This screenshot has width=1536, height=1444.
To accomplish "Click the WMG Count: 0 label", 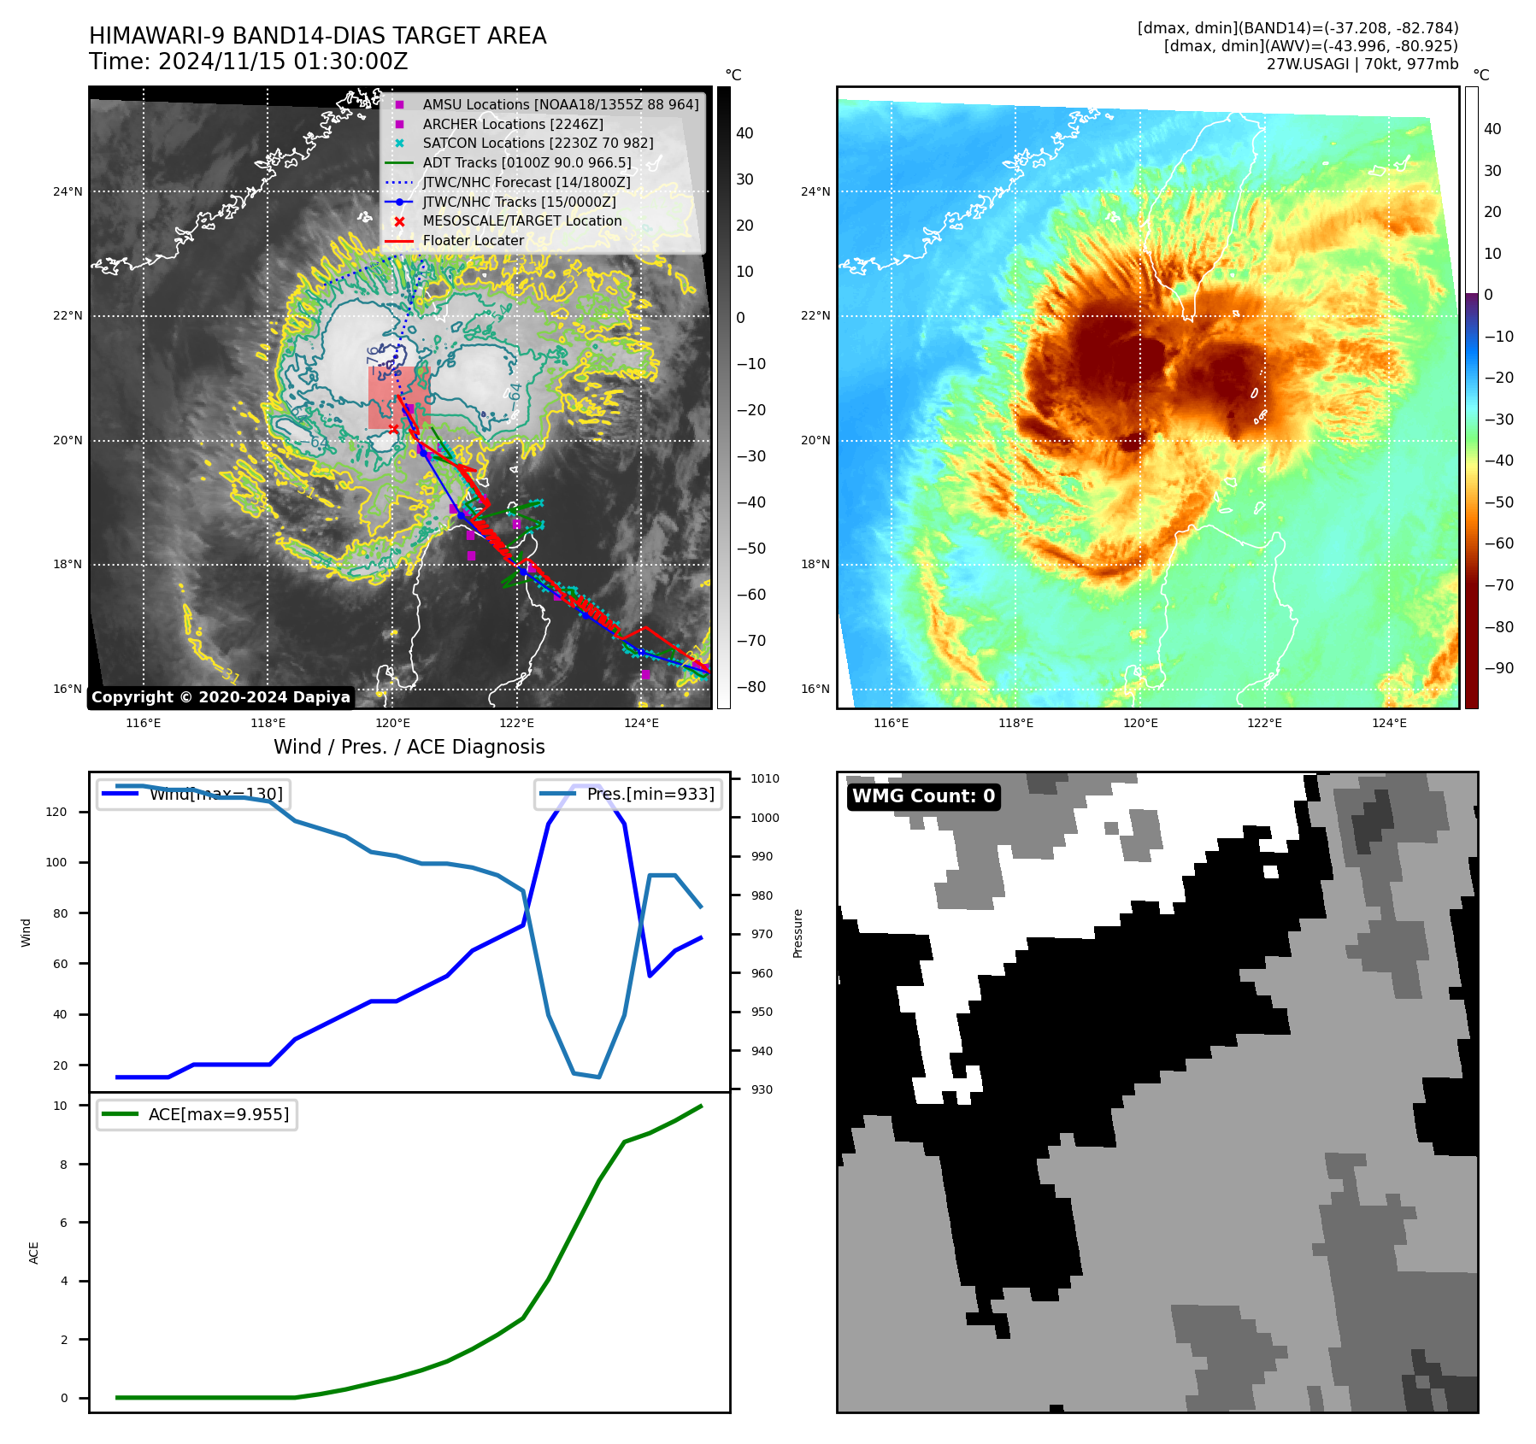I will [x=923, y=796].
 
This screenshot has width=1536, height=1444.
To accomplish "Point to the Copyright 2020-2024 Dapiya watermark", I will [x=221, y=697].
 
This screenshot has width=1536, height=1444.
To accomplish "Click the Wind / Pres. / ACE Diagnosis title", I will [x=409, y=747].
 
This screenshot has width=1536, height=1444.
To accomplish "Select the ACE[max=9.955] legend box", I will [x=197, y=1114].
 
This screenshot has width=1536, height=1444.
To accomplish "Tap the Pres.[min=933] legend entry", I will [x=628, y=794].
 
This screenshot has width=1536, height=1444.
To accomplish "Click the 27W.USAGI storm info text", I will [x=1362, y=64].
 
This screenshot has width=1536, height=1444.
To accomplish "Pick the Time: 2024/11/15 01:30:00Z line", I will [x=249, y=62].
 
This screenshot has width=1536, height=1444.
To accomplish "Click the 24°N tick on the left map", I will [x=68, y=191].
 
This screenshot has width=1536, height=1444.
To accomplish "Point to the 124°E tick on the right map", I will [x=1389, y=723].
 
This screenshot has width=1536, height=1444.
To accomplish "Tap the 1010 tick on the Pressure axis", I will [x=765, y=778].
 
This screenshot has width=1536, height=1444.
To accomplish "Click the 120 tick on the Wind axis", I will [x=56, y=812].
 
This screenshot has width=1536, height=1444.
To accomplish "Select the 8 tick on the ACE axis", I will [x=63, y=1164].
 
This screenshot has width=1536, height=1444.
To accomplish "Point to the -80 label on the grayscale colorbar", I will [x=751, y=687].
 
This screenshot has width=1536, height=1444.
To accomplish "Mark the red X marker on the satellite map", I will [x=393, y=429].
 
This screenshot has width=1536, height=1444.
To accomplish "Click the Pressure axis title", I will [x=797, y=933].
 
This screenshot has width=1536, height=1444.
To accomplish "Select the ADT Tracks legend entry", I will [x=527, y=162].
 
